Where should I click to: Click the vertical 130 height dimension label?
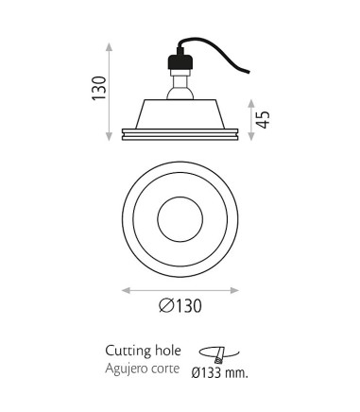click(99, 88)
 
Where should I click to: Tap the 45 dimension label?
click(263, 120)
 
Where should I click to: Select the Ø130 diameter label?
click(180, 305)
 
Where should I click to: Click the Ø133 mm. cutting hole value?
click(219, 373)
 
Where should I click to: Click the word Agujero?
click(125, 369)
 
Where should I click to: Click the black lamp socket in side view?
click(180, 61)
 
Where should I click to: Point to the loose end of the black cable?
click(249, 73)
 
